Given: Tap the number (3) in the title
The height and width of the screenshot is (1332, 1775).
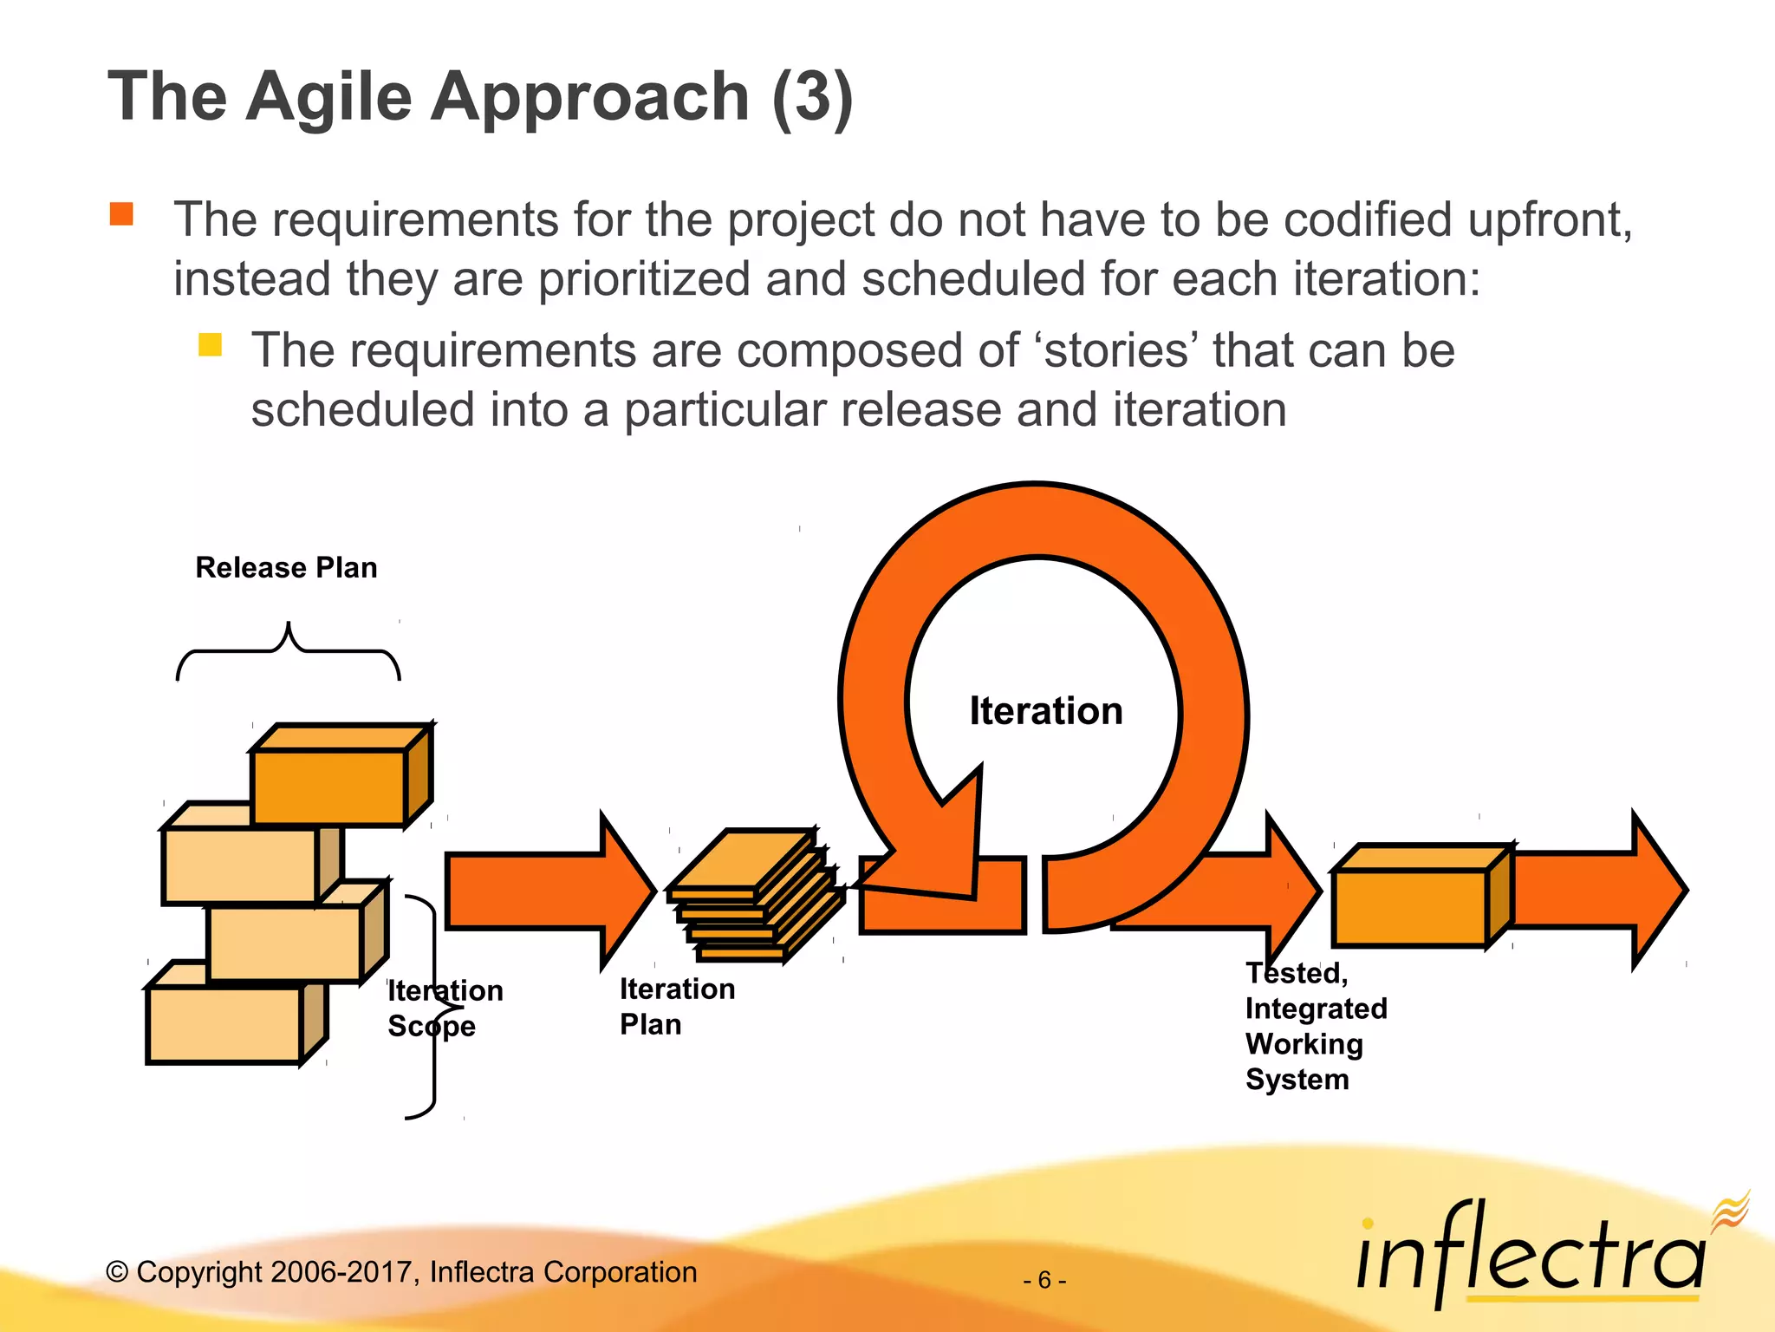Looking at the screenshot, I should click(x=811, y=97).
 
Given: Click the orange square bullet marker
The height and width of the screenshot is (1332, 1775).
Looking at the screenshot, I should click(x=121, y=213).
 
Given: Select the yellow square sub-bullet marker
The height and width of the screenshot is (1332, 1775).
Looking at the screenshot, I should click(x=210, y=345).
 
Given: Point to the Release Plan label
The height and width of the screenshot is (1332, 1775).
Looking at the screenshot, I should click(x=286, y=567).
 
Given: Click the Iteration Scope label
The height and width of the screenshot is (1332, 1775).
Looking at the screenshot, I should click(x=444, y=1008).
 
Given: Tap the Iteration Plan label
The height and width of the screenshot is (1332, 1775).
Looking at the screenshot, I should click(x=676, y=1006).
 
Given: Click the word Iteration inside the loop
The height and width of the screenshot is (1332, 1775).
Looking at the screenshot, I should click(x=1045, y=711).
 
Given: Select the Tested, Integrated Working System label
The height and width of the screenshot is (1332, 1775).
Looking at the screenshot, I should click(x=1315, y=1026).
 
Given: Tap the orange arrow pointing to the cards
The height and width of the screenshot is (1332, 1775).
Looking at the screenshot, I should click(x=546, y=891).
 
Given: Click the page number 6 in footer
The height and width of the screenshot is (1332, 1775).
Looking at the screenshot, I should click(x=1044, y=1280).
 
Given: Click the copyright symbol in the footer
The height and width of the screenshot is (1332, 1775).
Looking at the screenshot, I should click(x=117, y=1272).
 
